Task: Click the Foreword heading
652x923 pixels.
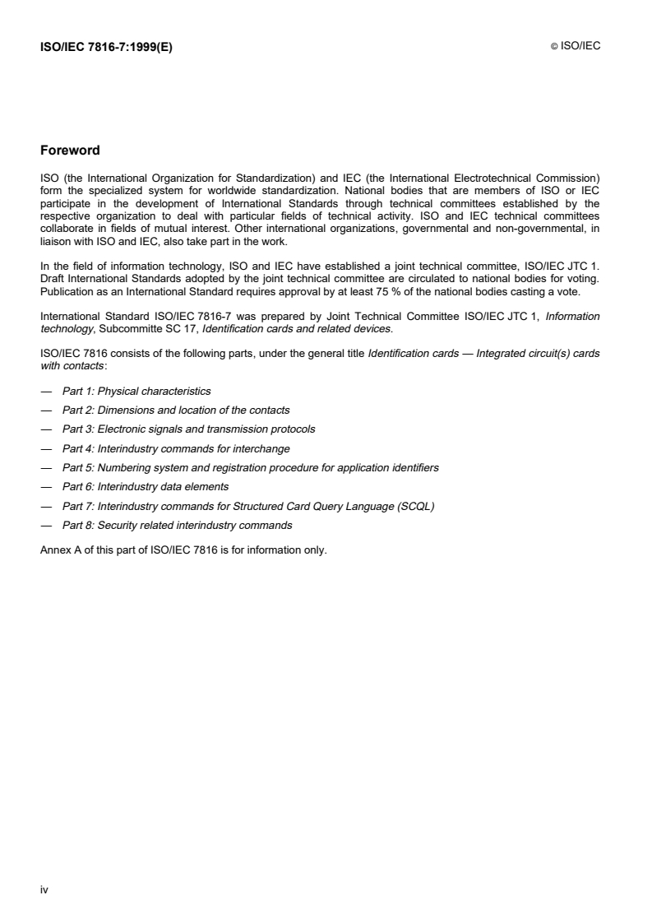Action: click(70, 151)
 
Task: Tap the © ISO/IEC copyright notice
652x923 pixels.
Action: click(576, 47)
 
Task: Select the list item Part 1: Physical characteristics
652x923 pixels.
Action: click(136, 391)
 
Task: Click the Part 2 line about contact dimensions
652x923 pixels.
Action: click(176, 410)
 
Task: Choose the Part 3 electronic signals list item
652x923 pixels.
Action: click(188, 429)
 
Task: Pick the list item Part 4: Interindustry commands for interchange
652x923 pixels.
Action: click(176, 448)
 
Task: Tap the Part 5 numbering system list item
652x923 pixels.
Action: click(250, 467)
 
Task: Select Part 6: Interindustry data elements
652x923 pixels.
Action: click(146, 486)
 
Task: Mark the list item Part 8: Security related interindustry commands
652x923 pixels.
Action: click(177, 525)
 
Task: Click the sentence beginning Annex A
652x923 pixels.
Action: click(183, 550)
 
